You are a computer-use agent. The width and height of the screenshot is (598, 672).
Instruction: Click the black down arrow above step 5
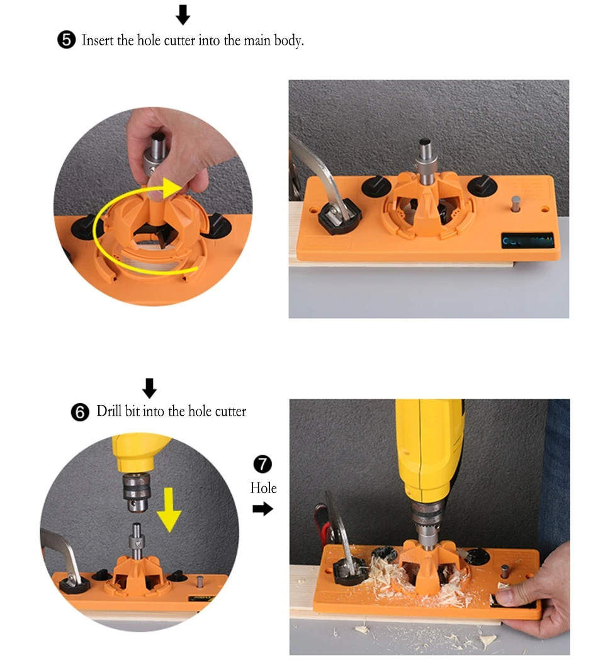coord(183,14)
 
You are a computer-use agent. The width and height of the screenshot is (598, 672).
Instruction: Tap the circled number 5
coord(66,41)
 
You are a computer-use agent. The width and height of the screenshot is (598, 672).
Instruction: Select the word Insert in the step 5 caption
coord(98,41)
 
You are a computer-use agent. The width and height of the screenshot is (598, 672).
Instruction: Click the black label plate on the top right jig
coord(527,241)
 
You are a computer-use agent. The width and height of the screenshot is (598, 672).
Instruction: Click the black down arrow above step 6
coord(149,388)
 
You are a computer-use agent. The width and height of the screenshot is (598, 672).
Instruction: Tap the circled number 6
coord(79,413)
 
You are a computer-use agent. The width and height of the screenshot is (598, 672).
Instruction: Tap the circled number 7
coord(262,465)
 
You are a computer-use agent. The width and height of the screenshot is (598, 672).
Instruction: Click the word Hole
coord(263,487)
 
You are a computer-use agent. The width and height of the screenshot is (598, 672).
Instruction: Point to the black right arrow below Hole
coord(263,509)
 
